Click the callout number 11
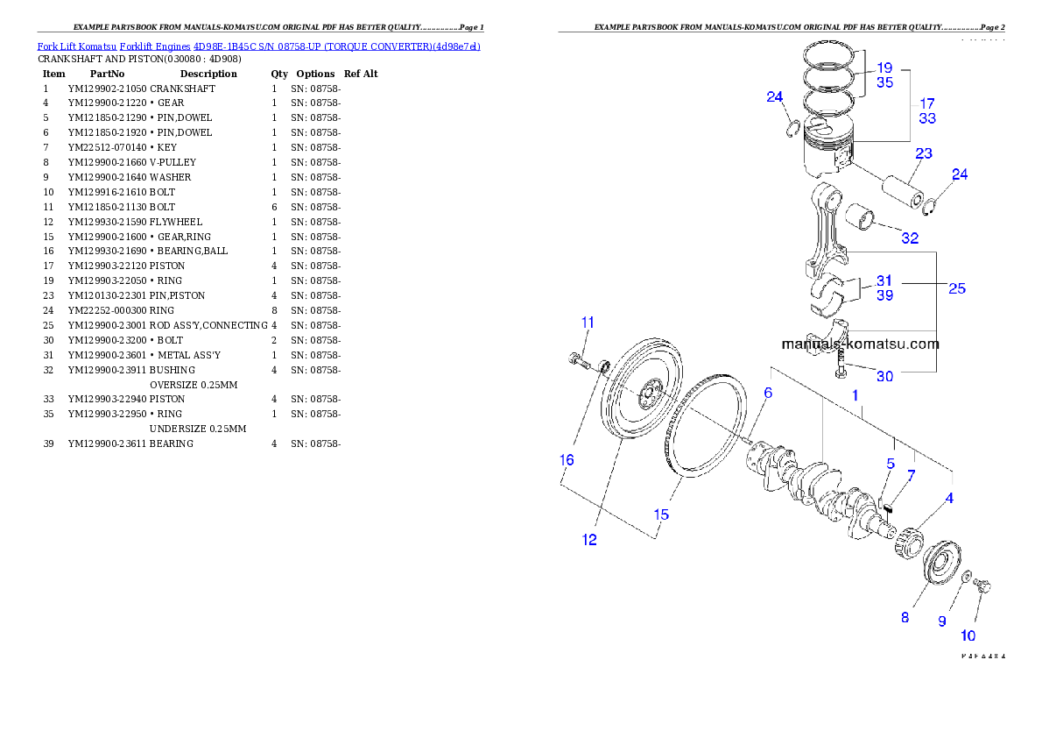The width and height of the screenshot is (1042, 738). (588, 322)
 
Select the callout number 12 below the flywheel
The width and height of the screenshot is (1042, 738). (589, 540)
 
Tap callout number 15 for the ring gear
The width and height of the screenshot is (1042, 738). (662, 514)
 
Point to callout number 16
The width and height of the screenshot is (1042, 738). (567, 459)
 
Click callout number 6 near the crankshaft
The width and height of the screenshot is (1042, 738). (768, 394)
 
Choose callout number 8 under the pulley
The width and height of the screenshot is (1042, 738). (905, 617)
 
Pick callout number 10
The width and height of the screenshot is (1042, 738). (968, 635)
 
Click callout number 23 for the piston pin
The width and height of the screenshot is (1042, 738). (924, 154)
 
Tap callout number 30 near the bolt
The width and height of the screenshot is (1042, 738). (885, 376)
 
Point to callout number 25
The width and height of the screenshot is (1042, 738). (957, 287)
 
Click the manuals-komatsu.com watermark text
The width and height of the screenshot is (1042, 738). (860, 344)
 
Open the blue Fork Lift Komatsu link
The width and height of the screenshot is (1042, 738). (258, 46)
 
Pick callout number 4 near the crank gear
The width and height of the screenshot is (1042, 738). (949, 499)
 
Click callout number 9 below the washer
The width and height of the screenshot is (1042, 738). (942, 621)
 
